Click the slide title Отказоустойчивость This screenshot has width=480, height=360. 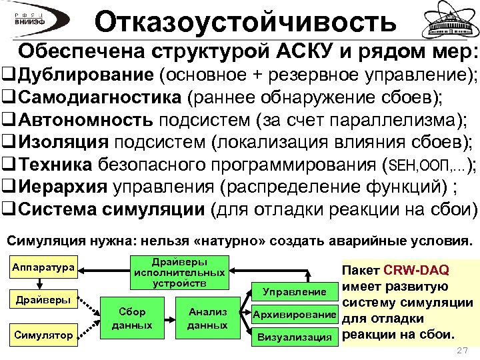pos(245,22)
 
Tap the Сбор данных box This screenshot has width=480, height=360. pos(132,319)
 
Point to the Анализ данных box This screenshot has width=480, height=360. pos(207,319)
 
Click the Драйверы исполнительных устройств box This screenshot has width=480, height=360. pos(179,273)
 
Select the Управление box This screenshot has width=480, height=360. pos(294,292)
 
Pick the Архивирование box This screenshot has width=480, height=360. pos(294,315)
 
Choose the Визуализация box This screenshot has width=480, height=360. pos(294,337)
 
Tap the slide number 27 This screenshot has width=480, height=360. pos(460,351)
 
